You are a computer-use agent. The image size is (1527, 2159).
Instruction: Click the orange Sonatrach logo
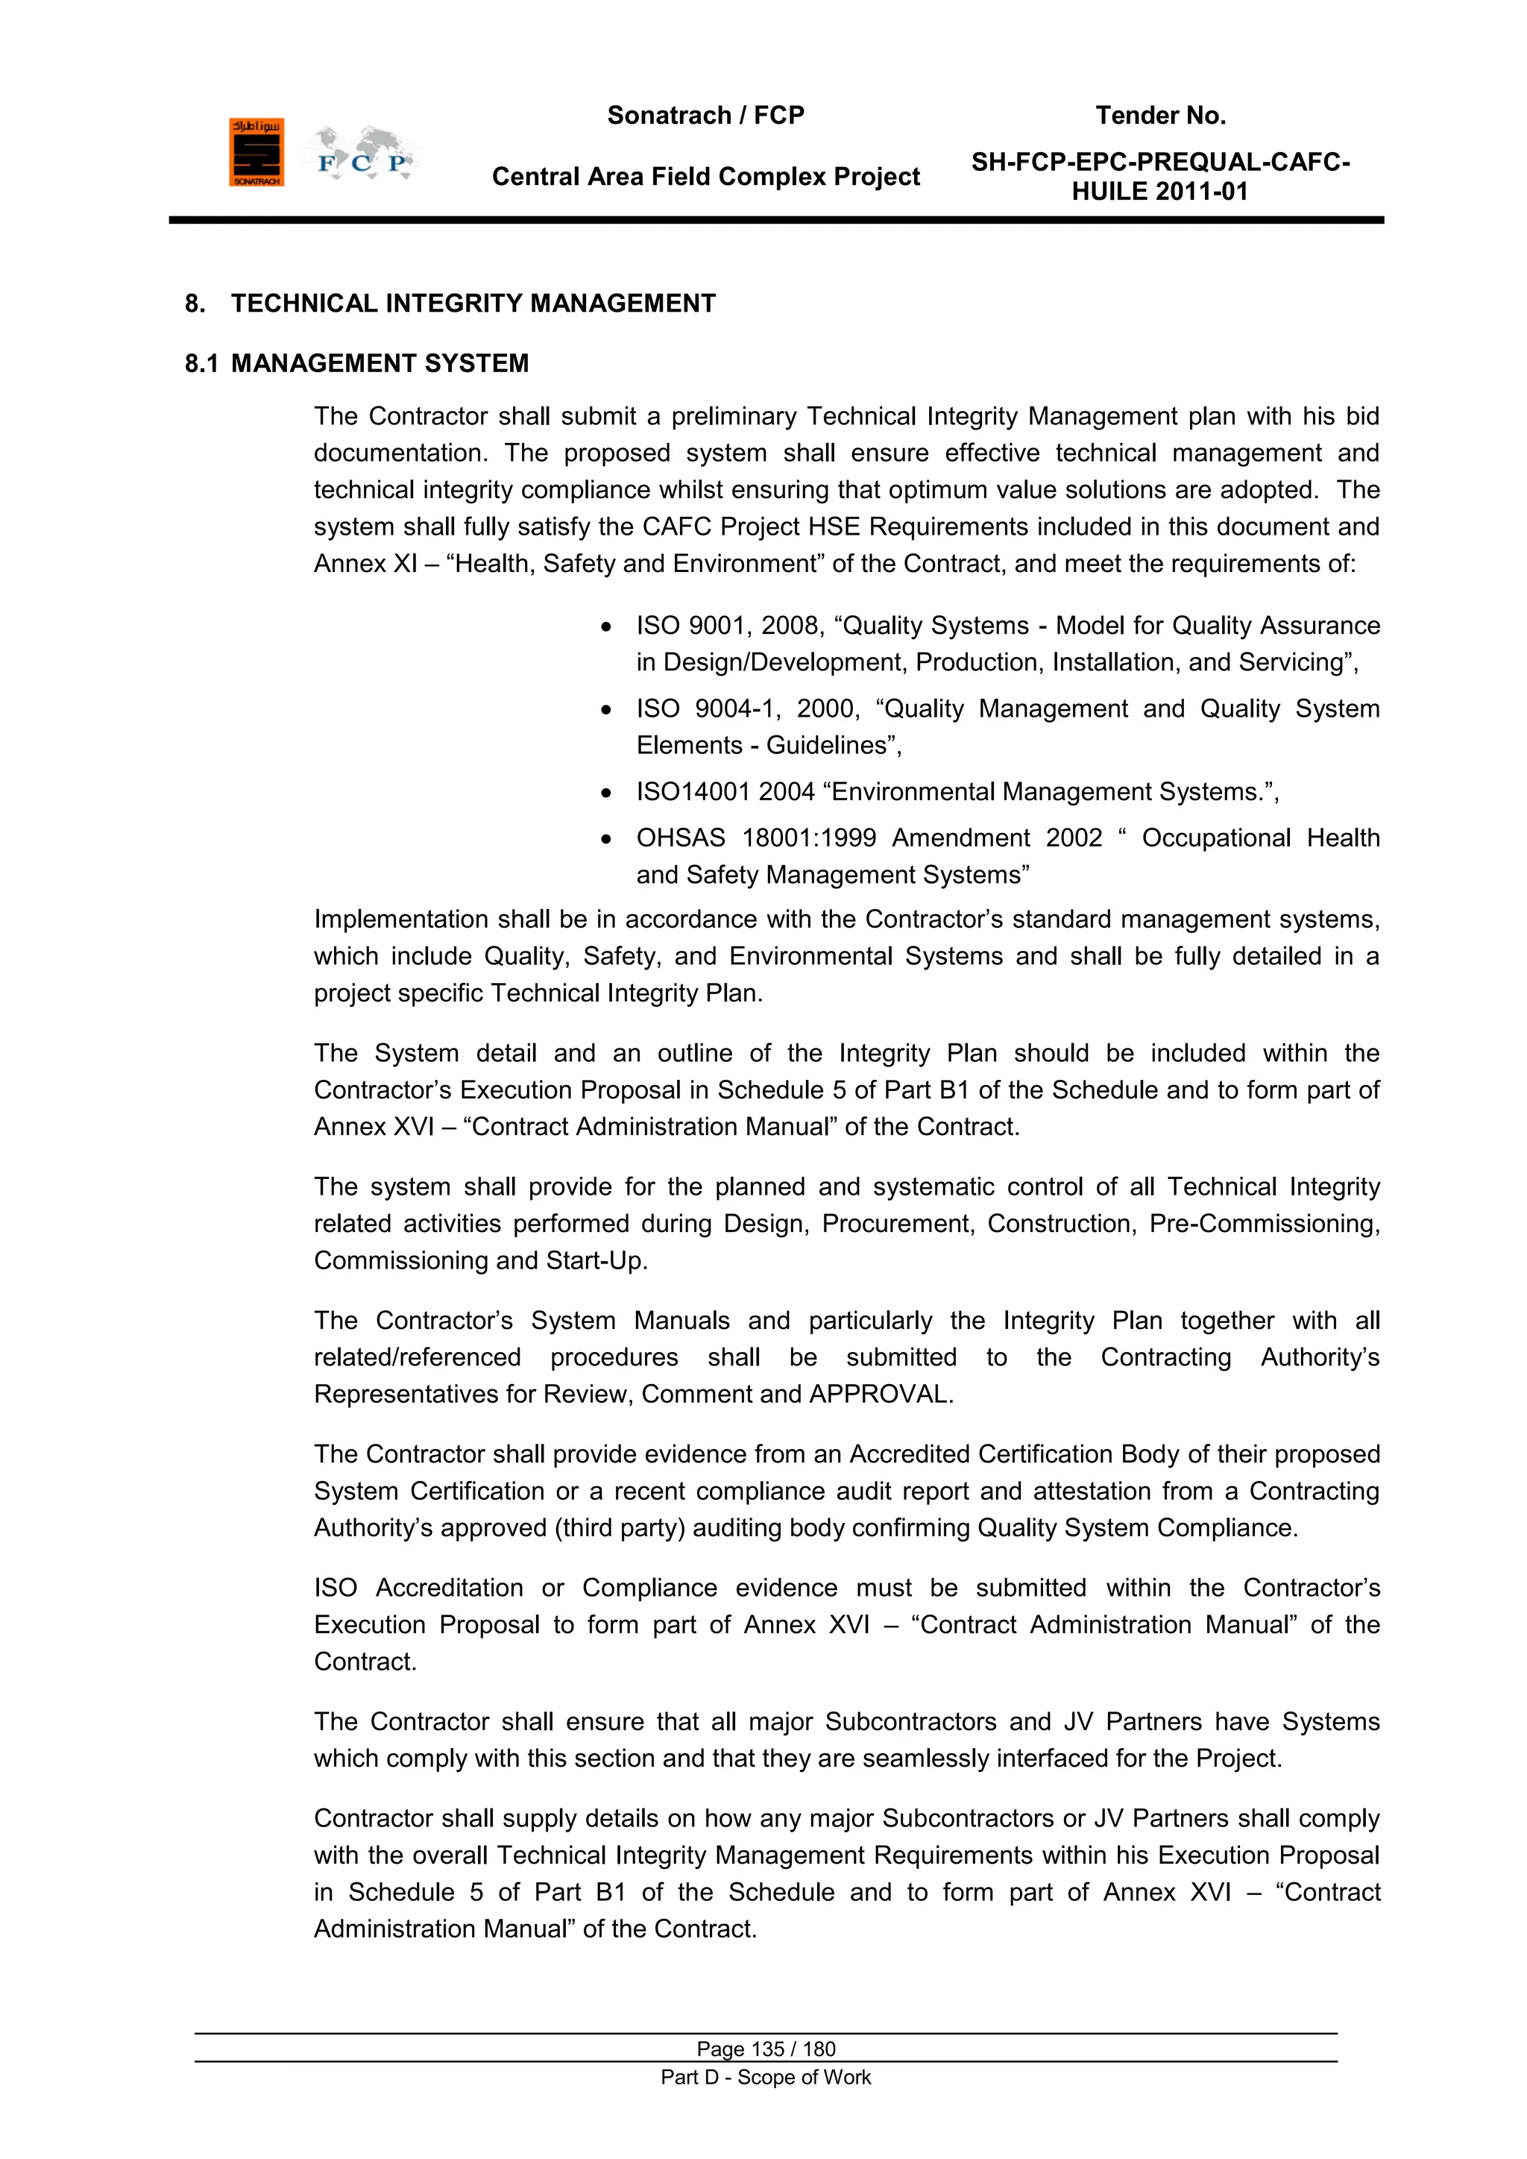256,152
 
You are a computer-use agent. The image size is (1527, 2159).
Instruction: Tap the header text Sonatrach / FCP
705,116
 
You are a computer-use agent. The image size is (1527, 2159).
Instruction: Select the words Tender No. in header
1160,116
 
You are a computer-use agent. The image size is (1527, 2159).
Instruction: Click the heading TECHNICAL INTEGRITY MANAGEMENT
473,304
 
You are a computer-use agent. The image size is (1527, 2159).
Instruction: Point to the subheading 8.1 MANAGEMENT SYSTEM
357,364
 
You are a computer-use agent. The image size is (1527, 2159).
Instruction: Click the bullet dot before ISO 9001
608,627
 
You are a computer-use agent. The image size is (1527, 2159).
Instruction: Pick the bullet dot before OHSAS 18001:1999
608,840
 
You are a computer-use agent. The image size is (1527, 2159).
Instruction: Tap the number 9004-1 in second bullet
736,709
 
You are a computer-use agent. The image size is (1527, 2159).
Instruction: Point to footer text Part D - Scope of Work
766,2077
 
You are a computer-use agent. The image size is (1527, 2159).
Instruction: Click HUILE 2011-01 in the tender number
1159,192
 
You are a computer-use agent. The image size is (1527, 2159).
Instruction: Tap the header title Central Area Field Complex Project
705,177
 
